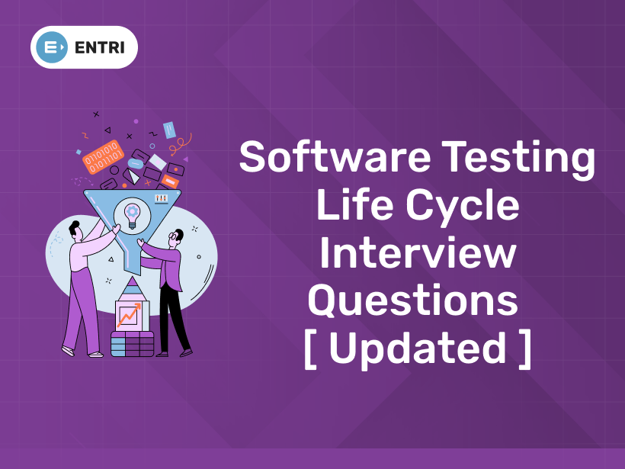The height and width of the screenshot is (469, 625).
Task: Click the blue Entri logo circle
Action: click(x=51, y=47)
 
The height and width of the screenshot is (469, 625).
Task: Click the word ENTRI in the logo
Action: click(x=100, y=47)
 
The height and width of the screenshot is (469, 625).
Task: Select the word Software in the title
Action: click(x=335, y=156)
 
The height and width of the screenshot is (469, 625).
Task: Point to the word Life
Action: click(x=355, y=204)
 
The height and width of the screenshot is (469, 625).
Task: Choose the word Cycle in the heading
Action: click(x=463, y=207)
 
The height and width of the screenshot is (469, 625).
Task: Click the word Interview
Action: click(x=418, y=252)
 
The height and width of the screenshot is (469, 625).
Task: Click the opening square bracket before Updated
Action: click(x=310, y=349)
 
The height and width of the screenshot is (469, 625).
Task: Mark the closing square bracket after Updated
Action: click(x=525, y=349)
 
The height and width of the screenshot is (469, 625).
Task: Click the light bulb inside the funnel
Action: click(x=132, y=216)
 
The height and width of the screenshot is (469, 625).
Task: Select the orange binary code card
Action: click(x=103, y=157)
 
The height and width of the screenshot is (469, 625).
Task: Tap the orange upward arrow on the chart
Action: click(x=130, y=314)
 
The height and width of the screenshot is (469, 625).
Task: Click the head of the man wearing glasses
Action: click(x=176, y=239)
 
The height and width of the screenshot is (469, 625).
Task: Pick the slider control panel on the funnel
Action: click(x=162, y=198)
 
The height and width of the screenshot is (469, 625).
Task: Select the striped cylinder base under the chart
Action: click(x=132, y=344)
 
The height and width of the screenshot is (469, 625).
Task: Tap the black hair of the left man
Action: click(x=74, y=228)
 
